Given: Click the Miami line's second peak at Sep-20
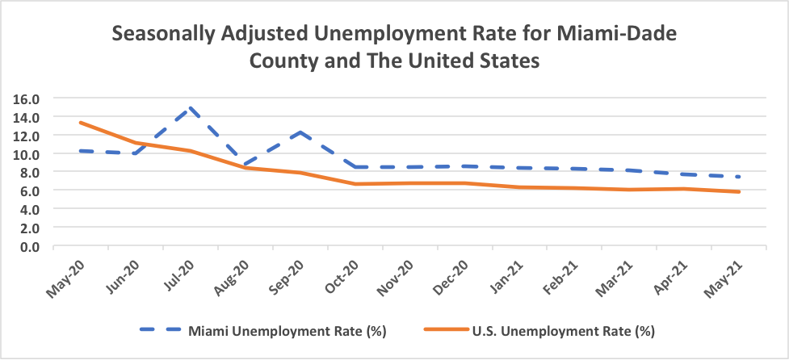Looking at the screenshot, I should pos(300,132).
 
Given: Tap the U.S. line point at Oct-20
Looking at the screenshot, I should pos(355,184).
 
